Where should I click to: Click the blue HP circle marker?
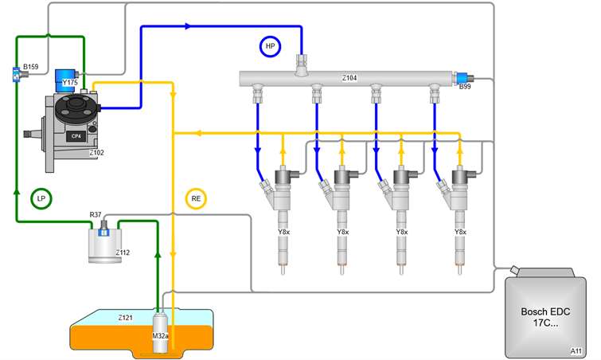[271, 47]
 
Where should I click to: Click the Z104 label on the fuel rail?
[349, 78]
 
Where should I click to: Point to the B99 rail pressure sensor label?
[465, 87]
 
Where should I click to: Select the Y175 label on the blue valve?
[70, 81]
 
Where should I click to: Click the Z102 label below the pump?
[97, 151]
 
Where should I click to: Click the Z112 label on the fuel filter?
[122, 252]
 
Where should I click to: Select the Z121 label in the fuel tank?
[127, 317]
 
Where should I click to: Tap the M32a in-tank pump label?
[162, 335]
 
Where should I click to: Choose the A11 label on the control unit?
[576, 350]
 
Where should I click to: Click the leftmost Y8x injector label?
[283, 232]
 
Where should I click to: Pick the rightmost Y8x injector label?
[459, 232]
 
